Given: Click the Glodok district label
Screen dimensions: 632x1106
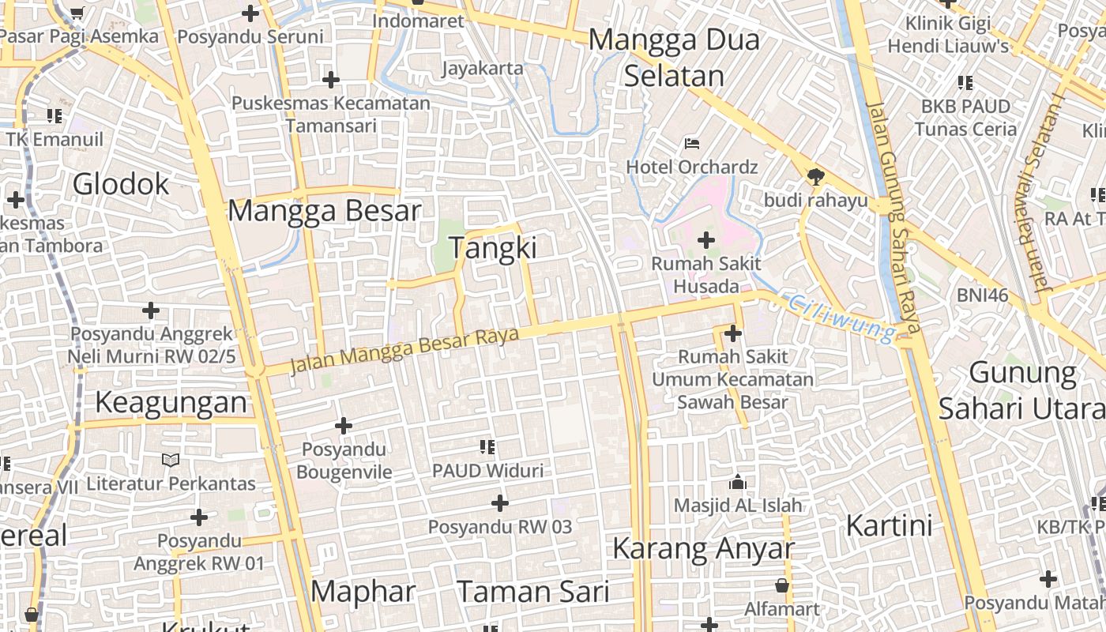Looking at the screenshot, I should click(121, 184).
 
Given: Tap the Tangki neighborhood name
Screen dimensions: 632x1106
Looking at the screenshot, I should click(493, 248).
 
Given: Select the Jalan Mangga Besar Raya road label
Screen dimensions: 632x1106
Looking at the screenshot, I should click(404, 350).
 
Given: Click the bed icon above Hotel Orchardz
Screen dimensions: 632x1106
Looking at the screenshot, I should click(692, 144).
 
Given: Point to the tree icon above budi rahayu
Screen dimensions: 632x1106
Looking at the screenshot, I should click(815, 176).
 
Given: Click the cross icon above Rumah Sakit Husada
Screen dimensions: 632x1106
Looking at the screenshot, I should click(706, 239).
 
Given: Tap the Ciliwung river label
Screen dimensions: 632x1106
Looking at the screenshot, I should click(842, 318).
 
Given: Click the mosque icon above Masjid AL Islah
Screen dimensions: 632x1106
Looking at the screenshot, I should click(738, 482).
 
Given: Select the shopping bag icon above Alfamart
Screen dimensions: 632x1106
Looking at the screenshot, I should click(781, 585).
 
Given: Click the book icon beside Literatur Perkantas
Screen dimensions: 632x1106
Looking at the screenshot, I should click(171, 460).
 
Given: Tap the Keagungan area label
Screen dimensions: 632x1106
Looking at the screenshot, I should click(171, 402).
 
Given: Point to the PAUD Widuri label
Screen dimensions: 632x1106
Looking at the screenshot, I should click(487, 471).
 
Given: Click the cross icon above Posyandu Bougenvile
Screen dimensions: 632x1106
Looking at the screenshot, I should click(344, 426).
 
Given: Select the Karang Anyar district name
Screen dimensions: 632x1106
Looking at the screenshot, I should click(703, 548).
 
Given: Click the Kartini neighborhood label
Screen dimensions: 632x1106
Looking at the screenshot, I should click(889, 525).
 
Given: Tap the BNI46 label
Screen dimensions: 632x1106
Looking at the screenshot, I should click(983, 295).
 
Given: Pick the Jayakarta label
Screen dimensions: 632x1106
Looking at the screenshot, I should click(482, 68).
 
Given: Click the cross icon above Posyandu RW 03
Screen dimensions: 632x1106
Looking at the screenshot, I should click(499, 502).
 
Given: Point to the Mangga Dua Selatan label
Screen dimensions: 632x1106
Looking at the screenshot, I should click(674, 58).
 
